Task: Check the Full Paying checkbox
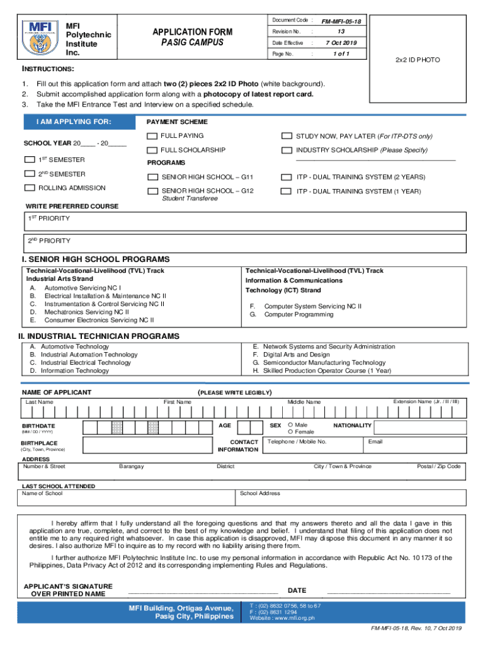point(152,136)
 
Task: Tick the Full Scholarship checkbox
point(152,151)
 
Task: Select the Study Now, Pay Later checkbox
point(287,136)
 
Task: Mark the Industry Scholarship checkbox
point(287,151)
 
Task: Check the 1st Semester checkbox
point(30,160)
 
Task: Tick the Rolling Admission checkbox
point(30,188)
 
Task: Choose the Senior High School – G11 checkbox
point(152,177)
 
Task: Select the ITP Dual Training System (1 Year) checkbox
point(287,191)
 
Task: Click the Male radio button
point(290,425)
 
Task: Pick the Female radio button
point(290,432)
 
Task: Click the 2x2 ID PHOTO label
point(418,60)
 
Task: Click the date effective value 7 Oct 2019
point(341,43)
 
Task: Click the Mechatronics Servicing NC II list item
point(86,311)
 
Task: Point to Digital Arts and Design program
point(296,355)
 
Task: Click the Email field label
point(375,442)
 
